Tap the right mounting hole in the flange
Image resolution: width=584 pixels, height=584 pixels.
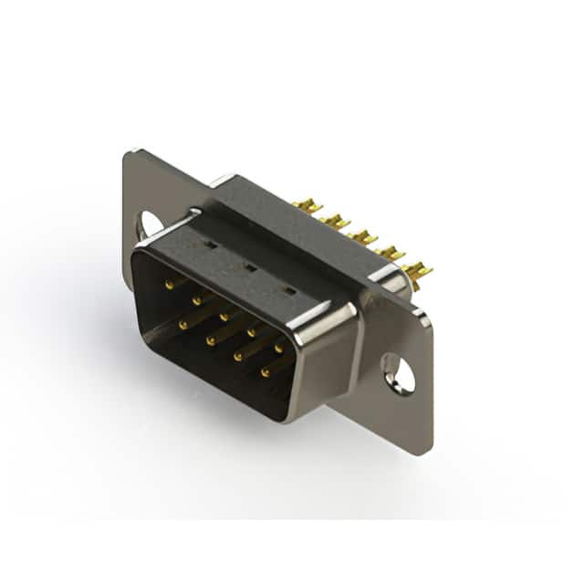click(399, 373)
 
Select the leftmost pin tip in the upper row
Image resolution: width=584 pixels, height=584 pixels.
click(169, 284)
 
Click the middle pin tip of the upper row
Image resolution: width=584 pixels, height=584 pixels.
click(224, 316)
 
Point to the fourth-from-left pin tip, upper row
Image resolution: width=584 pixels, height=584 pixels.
click(251, 332)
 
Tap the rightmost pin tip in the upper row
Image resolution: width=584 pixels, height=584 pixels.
click(279, 349)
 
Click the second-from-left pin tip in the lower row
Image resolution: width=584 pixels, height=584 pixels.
click(210, 339)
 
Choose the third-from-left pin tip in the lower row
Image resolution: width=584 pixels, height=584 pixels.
click(237, 356)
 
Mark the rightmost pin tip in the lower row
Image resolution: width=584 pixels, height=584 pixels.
click(266, 372)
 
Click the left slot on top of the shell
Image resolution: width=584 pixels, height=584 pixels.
click(208, 245)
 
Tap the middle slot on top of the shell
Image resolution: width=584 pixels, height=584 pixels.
click(248, 267)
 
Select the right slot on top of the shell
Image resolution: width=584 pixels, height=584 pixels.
click(289, 291)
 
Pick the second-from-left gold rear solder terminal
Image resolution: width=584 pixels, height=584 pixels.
click(336, 222)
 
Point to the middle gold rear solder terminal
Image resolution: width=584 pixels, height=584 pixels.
click(363, 237)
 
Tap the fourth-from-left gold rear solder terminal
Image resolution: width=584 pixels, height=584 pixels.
click(391, 253)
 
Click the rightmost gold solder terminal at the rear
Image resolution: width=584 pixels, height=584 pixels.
click(418, 269)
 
